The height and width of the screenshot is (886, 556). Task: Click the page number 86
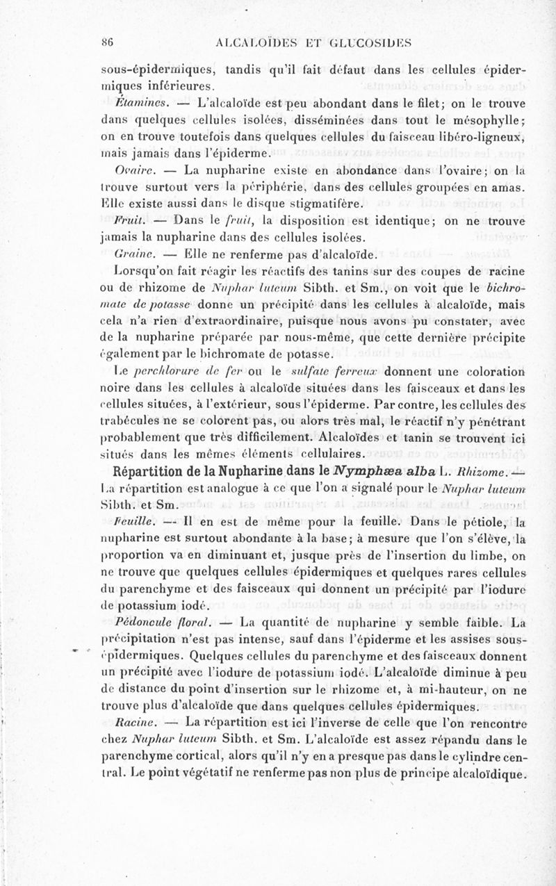click(x=108, y=41)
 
